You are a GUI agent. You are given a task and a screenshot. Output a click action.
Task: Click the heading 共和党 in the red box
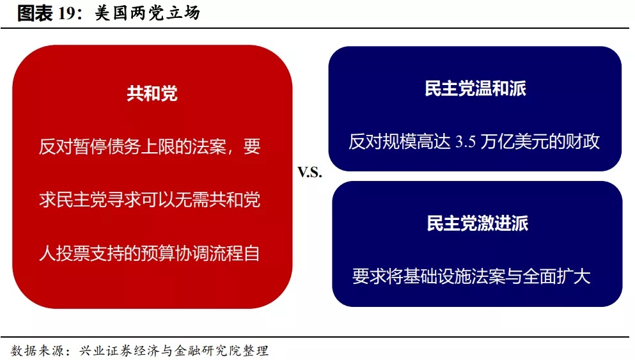(152, 93)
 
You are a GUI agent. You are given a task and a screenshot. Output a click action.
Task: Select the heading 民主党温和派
(475, 88)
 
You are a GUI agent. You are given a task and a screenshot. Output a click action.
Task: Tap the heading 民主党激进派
(478, 223)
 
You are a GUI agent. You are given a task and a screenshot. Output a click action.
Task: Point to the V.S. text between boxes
(310, 173)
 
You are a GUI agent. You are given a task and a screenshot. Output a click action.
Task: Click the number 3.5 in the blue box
(466, 142)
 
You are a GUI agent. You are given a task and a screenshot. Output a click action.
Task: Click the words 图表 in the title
(35, 13)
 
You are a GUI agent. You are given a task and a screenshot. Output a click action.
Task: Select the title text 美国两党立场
(148, 13)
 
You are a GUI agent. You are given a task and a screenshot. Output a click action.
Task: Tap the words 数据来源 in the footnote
(37, 350)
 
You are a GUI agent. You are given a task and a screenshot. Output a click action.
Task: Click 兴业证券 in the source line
(106, 350)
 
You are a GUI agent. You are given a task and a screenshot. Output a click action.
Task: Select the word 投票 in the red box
(73, 253)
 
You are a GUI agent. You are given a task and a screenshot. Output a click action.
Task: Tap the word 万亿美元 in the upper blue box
(514, 142)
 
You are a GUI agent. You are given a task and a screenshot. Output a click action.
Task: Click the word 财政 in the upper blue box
(583, 142)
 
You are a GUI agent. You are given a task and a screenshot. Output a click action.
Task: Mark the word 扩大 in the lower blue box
(574, 276)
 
